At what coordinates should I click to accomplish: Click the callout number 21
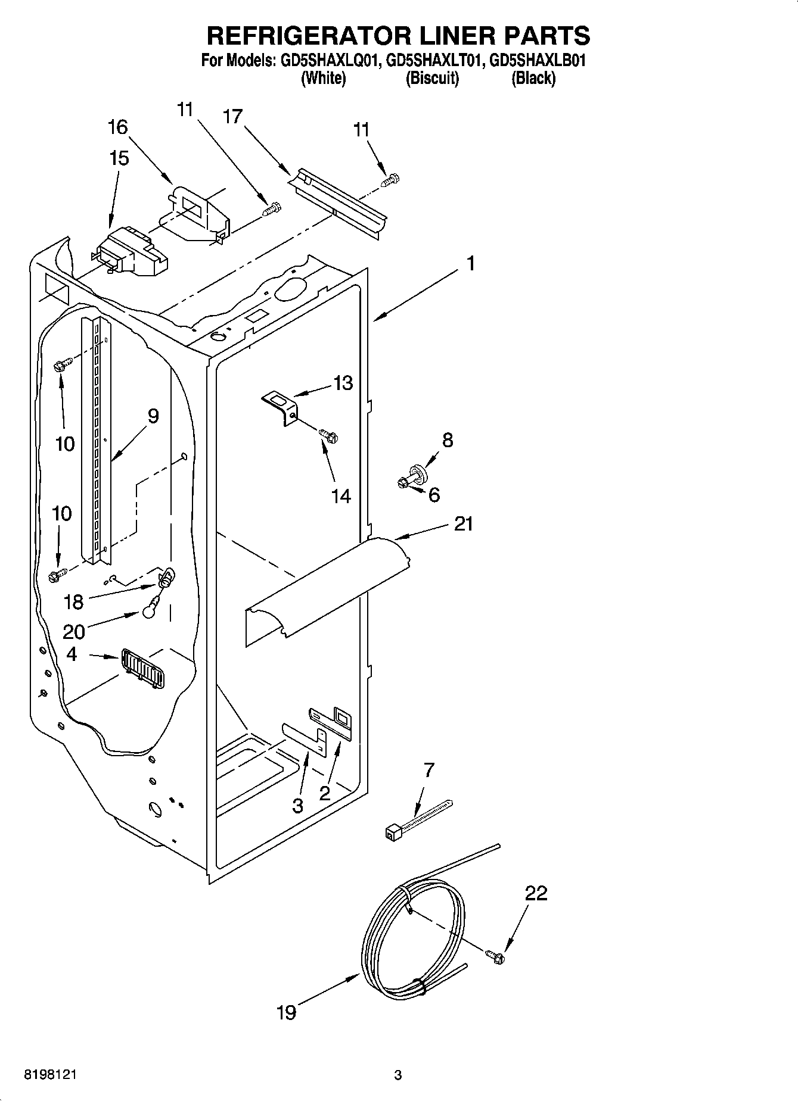click(463, 524)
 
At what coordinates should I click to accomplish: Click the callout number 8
click(448, 440)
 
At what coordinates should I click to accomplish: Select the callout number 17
click(232, 116)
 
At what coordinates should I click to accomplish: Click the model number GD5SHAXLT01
click(433, 61)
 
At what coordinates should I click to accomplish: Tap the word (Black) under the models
click(533, 78)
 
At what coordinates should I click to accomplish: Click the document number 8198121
click(50, 1075)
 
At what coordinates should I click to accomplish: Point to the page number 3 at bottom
click(398, 1075)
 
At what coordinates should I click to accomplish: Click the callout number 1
click(470, 263)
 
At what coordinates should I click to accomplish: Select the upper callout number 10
click(65, 443)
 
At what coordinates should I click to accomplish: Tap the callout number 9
click(153, 416)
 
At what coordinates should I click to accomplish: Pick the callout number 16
click(118, 127)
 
